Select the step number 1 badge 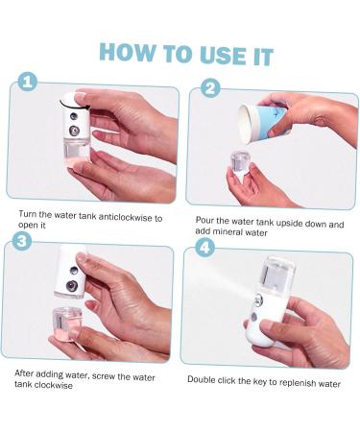[x=26, y=84]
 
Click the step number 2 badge [x=209, y=89]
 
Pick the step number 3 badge [x=20, y=241]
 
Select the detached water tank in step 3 [x=69, y=324]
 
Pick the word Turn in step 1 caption [x=27, y=218]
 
